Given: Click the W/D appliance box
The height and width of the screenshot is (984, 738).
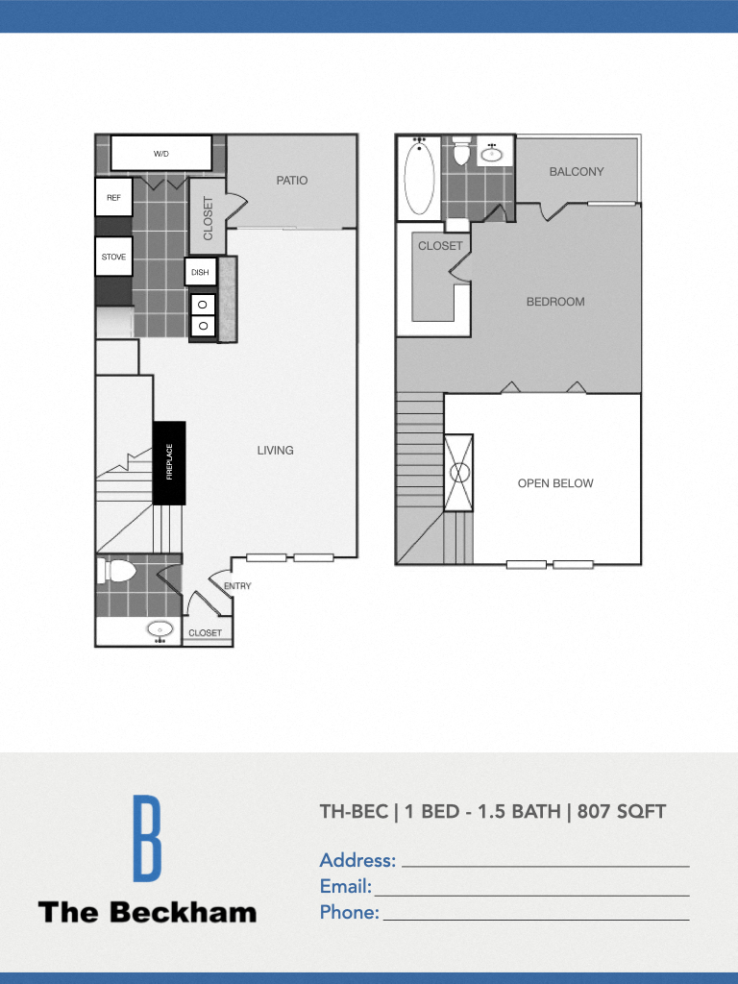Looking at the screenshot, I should pos(160,153).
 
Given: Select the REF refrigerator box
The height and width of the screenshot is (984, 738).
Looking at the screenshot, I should pos(113,198).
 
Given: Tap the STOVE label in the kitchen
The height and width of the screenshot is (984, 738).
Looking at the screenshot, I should pos(113,257).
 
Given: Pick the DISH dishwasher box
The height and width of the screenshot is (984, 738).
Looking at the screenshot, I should pos(200,272).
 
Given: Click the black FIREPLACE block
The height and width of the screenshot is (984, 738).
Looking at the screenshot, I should pos(169,462).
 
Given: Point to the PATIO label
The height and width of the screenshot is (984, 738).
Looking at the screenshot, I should pos(292,180).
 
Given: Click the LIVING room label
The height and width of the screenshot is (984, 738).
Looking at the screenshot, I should pos(275,450).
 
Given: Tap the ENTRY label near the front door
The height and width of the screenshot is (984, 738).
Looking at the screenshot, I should pos(237,585).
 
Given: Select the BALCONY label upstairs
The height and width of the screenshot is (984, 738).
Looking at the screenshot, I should pos(577,171).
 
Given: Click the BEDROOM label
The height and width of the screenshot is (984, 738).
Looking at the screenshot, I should pos(555,301).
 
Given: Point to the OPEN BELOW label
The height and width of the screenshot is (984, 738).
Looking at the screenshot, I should pos(555,483).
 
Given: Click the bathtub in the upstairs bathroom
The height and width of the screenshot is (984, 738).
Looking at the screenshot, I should pos(419,178).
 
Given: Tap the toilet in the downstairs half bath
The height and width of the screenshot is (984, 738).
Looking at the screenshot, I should pos(117,571).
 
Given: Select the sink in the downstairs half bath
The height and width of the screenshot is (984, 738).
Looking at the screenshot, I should pos(160,630).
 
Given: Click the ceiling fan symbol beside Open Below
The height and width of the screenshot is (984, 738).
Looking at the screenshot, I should pos(458,472).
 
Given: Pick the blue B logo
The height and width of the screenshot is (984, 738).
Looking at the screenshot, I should pos(147,838).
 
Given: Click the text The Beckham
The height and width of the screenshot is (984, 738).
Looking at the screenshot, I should pos(147,912).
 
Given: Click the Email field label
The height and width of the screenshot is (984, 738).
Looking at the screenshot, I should pos(345,886).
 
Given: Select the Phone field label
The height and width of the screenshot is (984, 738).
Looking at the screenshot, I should pos(349,912).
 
